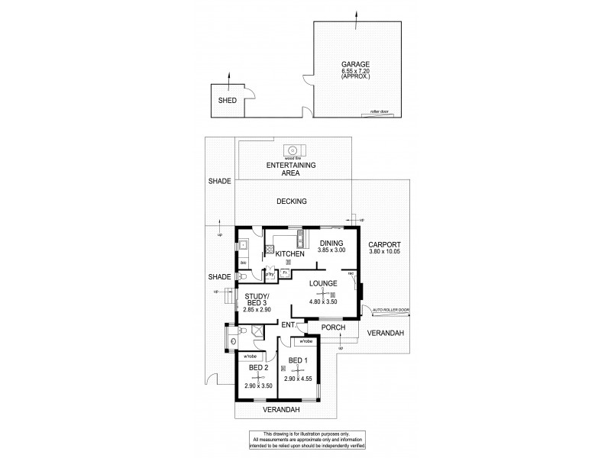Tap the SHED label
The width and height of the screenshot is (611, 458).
(227, 101)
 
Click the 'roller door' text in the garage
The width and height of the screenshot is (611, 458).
(379, 111)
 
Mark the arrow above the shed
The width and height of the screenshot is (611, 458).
(230, 75)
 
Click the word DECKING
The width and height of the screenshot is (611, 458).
(292, 202)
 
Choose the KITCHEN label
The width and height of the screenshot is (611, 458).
(290, 253)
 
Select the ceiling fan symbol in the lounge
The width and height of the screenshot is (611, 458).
(324, 293)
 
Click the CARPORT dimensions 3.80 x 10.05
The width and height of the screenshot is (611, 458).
(384, 250)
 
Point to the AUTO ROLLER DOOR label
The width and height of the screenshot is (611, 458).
(391, 310)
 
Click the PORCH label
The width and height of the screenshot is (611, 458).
(333, 327)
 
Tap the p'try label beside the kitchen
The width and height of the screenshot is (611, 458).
(270, 272)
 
